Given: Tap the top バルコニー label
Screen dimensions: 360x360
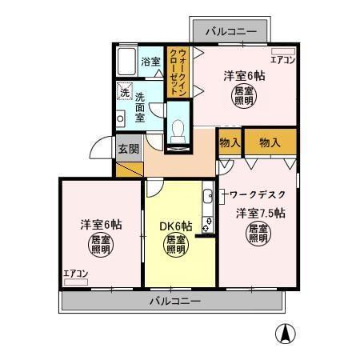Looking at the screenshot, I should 230,32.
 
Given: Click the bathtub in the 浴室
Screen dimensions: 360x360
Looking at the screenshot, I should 126,62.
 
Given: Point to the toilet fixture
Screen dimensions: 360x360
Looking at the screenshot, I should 178,130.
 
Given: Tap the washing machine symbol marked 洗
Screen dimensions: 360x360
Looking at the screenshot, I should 124,92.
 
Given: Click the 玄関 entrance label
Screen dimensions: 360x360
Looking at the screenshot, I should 128,149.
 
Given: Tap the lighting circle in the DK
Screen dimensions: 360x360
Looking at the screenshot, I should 176,245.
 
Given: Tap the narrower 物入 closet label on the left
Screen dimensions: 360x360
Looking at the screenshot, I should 229,142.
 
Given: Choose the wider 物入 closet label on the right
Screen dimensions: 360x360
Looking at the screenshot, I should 270,142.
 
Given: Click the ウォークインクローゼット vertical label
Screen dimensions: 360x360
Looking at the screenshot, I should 182,73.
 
